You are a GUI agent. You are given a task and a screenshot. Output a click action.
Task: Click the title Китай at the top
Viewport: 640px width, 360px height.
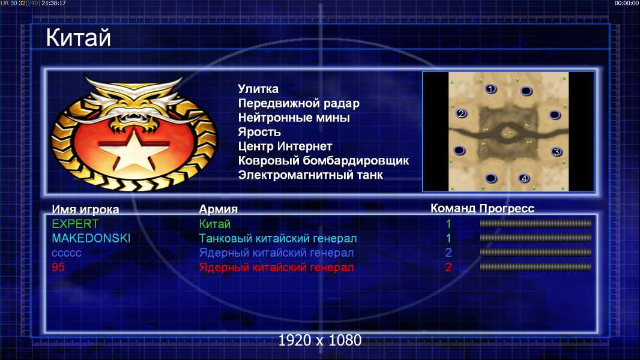(78, 38)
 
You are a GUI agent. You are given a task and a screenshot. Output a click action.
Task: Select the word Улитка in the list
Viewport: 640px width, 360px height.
(258, 89)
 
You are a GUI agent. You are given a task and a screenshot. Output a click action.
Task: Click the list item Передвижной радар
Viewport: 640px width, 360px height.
(299, 104)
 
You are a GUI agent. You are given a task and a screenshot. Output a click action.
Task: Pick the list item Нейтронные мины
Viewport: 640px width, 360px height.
(294, 118)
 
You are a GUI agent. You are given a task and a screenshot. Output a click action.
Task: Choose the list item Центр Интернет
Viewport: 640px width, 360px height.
(285, 146)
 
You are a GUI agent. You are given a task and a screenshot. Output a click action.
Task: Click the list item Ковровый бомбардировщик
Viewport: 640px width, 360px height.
(323, 161)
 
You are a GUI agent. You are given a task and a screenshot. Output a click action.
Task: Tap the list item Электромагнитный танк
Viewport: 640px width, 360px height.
(310, 175)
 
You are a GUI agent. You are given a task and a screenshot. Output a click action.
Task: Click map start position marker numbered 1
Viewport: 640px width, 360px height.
(491, 88)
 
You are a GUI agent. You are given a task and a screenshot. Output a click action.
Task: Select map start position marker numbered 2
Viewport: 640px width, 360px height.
(461, 113)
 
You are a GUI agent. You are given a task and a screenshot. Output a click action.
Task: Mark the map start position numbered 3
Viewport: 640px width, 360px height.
(557, 152)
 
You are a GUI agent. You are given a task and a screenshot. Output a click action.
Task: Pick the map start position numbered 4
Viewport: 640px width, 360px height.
(524, 178)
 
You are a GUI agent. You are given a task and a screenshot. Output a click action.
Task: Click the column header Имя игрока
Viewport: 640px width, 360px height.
(85, 209)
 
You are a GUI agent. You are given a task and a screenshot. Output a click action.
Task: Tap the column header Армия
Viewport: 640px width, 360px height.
(219, 209)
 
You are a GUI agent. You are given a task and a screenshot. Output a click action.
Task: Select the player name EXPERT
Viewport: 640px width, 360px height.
(75, 224)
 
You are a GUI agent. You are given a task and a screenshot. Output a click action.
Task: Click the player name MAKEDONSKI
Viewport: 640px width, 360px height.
(91, 238)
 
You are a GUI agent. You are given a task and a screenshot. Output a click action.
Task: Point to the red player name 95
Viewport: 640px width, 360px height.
(58, 267)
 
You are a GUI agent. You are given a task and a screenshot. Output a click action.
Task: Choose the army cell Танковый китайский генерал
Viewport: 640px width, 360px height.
(278, 238)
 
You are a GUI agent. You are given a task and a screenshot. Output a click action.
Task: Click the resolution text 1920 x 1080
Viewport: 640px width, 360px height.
(320, 340)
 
